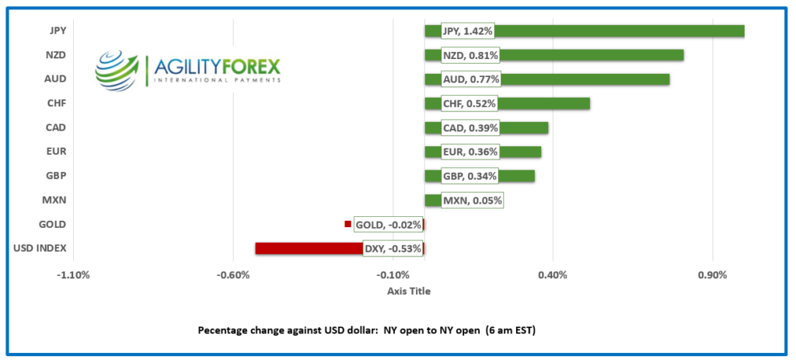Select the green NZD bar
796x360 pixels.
coord(591,55)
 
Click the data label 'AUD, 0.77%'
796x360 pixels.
coord(470,79)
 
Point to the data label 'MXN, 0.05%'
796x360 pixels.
coord(472,201)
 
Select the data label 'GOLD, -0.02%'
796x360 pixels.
coord(388,225)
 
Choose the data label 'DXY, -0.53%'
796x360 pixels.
coord(393,249)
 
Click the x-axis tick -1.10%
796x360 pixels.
coord(74,275)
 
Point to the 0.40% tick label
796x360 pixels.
coord(552,275)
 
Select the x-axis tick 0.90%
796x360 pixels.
coord(712,275)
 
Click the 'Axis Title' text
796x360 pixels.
coord(408,292)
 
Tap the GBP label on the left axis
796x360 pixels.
coord(55,176)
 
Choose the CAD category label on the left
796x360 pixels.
coord(55,128)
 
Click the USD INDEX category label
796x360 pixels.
coord(40,249)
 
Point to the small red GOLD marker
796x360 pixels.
coord(347,225)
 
